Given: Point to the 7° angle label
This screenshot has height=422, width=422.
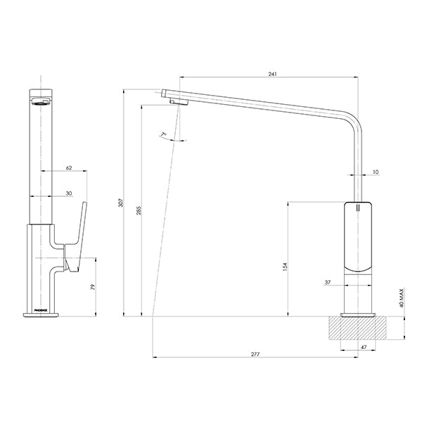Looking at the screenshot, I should [x=163, y=134].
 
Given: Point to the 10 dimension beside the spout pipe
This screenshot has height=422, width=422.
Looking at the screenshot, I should [x=375, y=171].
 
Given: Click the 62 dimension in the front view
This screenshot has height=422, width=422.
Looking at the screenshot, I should [x=69, y=167].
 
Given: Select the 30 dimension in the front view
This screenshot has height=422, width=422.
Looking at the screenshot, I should [x=69, y=193].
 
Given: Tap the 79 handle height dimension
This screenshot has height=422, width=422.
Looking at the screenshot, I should [x=92, y=287].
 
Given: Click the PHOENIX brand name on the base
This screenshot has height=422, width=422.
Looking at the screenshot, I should [x=40, y=308].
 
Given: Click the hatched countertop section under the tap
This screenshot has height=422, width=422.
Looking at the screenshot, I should [x=359, y=328].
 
